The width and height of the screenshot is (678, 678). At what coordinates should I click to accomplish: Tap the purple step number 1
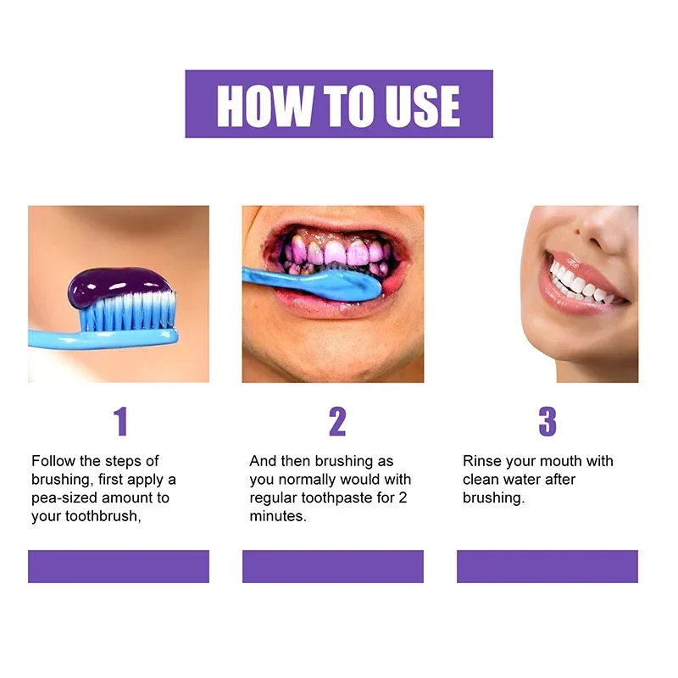pos(120,421)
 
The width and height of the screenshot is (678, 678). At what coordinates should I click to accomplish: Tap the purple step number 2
pos(337,421)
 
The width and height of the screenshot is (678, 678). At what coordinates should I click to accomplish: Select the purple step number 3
pos(547,421)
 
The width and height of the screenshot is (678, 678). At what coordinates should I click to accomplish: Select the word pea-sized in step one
pos(68,498)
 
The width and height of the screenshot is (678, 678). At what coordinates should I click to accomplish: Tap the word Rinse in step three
pos(481,461)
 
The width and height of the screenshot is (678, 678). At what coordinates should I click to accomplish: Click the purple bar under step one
pos(119,566)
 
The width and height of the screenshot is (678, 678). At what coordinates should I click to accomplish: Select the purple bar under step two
pos(333,566)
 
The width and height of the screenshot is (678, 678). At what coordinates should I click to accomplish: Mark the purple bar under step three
pos(547,566)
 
